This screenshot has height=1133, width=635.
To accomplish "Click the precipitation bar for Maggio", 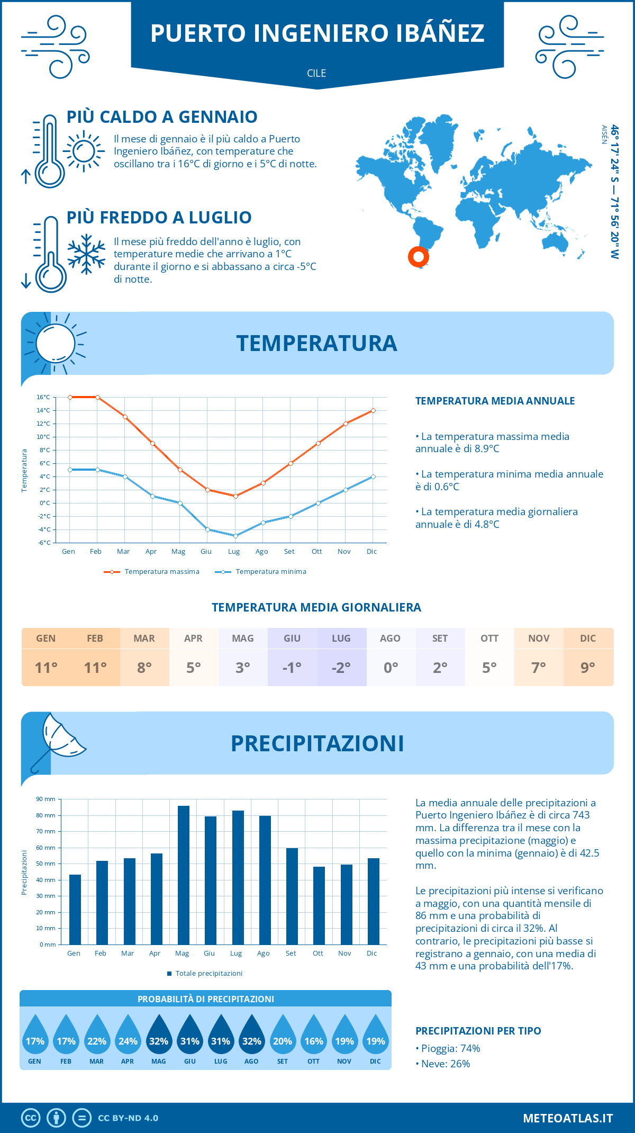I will (183, 875).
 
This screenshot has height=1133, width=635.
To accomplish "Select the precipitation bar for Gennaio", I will (75, 909).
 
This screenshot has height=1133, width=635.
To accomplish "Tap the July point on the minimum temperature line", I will (235, 536).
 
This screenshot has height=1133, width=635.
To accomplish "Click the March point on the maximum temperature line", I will (125, 417).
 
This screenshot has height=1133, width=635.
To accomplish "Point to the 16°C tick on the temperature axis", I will (43, 397).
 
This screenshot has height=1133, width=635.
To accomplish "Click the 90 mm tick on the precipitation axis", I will (46, 799).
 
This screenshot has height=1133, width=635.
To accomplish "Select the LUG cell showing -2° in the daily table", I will (341, 667).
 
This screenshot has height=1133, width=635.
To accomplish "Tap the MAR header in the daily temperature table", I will (144, 639).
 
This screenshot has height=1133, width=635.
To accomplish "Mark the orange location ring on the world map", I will (418, 257).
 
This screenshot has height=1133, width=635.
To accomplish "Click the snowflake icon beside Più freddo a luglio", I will (86, 254).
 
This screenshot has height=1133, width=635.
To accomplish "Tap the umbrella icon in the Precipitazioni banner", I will (58, 741).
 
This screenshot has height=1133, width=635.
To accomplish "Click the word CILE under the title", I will (316, 73).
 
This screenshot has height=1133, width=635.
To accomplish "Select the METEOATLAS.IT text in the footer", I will (568, 1118).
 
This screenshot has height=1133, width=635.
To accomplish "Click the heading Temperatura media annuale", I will (495, 401).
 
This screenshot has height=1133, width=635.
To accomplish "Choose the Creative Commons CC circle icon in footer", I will (31, 1118).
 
